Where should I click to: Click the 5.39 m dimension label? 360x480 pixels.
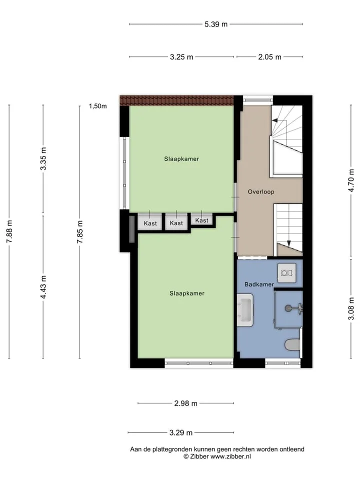tap(216, 24)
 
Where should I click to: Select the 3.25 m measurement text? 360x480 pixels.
tap(181, 57)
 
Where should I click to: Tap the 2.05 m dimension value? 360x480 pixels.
tap(269, 57)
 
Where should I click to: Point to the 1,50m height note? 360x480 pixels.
tap(98, 106)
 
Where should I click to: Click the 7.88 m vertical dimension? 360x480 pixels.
tap(9, 231)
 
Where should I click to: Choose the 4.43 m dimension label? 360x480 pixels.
tap(43, 287)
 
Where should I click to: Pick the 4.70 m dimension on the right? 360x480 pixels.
tap(351, 180)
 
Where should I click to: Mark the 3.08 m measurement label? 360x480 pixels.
tap(351, 308)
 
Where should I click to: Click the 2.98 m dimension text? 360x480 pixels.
tap(186, 403)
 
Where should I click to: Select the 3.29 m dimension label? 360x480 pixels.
tap(181, 432)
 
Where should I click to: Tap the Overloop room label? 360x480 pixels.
tap(261, 192)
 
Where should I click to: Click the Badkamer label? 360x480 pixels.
tap(259, 284)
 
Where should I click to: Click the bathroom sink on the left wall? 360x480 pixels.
tap(245, 309)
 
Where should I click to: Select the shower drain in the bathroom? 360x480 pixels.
tap(288, 308)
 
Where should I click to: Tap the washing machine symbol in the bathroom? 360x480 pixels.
tap(287, 272)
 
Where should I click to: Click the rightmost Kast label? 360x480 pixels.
tap(201, 220)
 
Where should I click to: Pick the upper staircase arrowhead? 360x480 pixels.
tap(275, 120)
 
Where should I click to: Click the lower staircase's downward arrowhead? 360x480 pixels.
tap(288, 243)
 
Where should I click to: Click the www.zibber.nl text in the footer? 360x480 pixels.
tap(230, 456)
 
